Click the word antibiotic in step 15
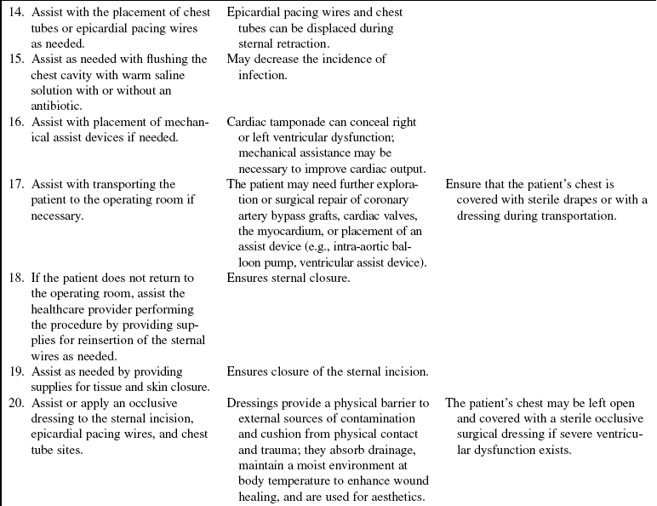pyautogui.click(x=59, y=106)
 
